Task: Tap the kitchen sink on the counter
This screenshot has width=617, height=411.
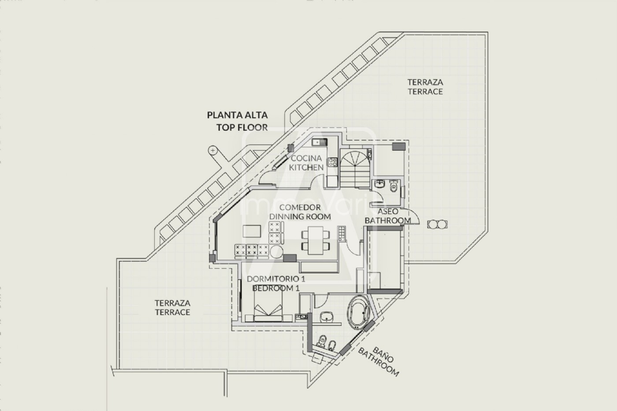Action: click(x=318, y=142)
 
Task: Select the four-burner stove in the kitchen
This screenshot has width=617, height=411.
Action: click(x=332, y=167)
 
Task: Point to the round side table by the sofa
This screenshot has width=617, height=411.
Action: click(x=278, y=252)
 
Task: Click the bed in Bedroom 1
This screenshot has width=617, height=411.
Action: click(x=269, y=307)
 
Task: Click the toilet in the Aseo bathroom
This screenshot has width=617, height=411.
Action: click(x=394, y=187)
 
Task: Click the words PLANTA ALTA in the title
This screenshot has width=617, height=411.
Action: click(x=237, y=115)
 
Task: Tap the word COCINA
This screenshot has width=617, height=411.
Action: click(x=306, y=158)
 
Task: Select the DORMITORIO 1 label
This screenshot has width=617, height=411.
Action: click(x=276, y=279)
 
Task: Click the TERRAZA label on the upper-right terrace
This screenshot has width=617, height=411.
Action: click(x=425, y=82)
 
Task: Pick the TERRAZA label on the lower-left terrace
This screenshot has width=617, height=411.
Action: click(x=172, y=303)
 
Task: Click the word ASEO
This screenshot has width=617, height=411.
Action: click(x=388, y=211)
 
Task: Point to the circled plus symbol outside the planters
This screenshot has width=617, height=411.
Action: click(x=213, y=151)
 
